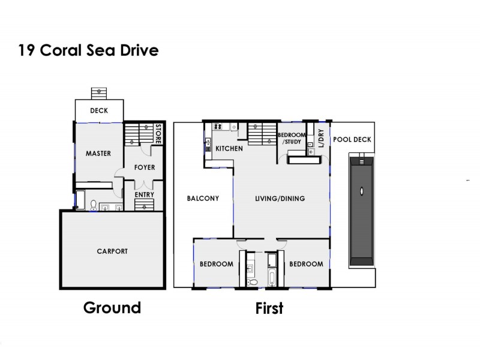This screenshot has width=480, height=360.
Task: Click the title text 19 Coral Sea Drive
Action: pyautogui.click(x=88, y=50)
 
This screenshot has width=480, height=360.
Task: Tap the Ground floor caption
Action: pyautogui.click(x=112, y=308)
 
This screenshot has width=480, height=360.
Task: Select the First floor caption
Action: pyautogui.click(x=269, y=308)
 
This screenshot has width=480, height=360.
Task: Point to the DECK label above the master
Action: pyautogui.click(x=99, y=110)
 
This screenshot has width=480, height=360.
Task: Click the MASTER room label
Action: pyautogui.click(x=98, y=153)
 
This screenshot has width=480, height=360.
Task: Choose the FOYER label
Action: pyautogui.click(x=145, y=168)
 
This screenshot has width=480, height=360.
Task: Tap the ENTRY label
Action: pyautogui.click(x=145, y=194)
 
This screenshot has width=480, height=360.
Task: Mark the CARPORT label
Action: pyautogui.click(x=112, y=251)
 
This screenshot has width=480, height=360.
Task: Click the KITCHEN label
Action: pyautogui.click(x=229, y=148)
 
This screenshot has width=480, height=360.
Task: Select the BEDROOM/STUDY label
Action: pyautogui.click(x=292, y=139)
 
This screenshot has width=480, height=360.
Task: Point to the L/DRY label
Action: pyautogui.click(x=321, y=138)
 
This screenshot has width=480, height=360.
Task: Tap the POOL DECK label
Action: pyautogui.click(x=352, y=140)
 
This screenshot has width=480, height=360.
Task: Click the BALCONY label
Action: pyautogui.click(x=202, y=198)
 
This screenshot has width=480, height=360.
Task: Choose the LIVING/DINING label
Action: pyautogui.click(x=280, y=199)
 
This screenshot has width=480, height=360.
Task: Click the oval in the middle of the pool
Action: pyautogui.click(x=361, y=191)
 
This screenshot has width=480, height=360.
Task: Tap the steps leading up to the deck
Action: pyautogui.click(x=98, y=93)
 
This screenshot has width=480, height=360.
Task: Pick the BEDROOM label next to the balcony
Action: pyautogui.click(x=216, y=264)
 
